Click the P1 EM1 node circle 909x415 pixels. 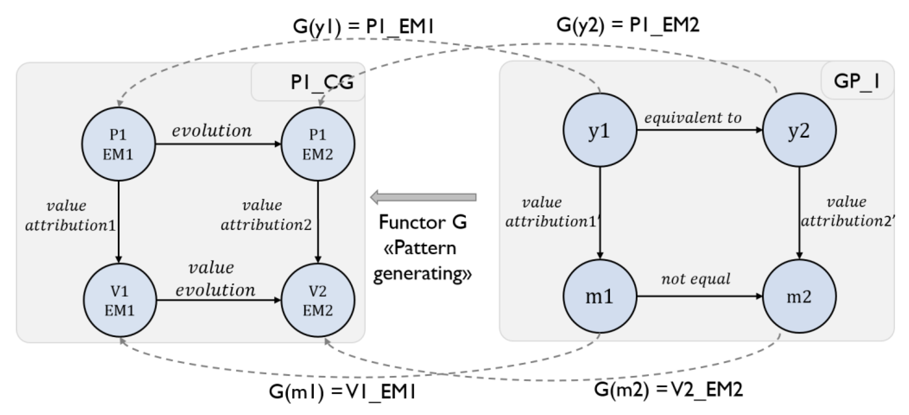pyautogui.click(x=118, y=144)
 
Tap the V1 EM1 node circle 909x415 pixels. pyautogui.click(x=120, y=300)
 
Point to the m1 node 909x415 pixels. pyautogui.click(x=600, y=296)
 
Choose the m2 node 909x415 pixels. pyautogui.click(x=799, y=296)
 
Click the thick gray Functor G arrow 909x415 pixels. pyautogui.click(x=424, y=197)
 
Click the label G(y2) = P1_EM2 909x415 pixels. pyautogui.click(x=627, y=25)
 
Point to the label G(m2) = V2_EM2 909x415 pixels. pyautogui.click(x=668, y=389)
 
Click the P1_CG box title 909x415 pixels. pyautogui.click(x=322, y=82)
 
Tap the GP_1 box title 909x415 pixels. pyautogui.click(x=856, y=81)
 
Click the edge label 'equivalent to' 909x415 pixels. pyautogui.click(x=693, y=118)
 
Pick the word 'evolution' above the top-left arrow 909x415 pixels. pyautogui.click(x=212, y=131)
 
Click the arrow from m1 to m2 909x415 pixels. pyautogui.click(x=699, y=296)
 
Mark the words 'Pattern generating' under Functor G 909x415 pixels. pyautogui.click(x=422, y=261)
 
